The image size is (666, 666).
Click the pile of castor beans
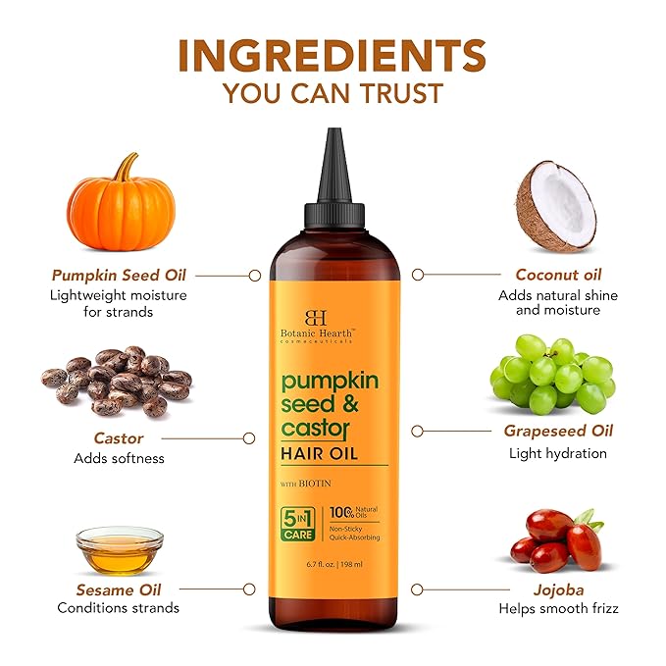pos(117,381)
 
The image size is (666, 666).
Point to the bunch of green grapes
pos(551,373)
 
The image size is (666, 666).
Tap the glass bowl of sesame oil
pos(120,551)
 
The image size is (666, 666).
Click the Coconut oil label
pos(558,275)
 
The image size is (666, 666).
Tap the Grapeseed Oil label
pos(558,431)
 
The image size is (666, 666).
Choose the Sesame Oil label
pos(119,589)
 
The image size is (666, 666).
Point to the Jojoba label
pos(558,589)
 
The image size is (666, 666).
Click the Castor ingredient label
pos(119,438)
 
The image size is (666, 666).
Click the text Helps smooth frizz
pos(558,608)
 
